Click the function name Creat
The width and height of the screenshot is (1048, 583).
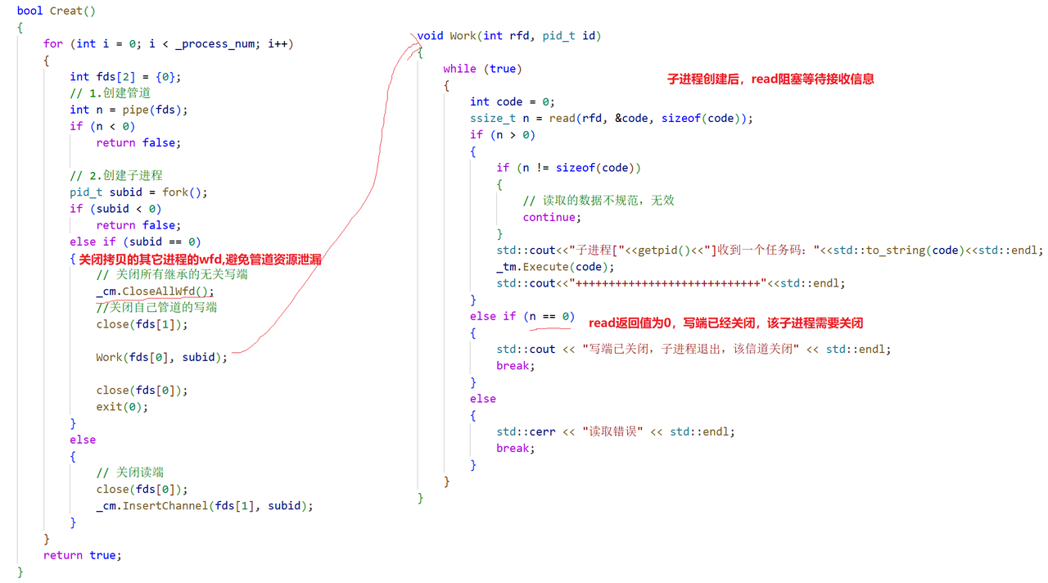click(x=66, y=11)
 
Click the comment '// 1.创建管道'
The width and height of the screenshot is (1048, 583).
click(x=110, y=93)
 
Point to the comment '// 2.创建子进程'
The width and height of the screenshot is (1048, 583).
click(x=116, y=175)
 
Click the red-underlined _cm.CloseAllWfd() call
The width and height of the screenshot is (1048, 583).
click(x=155, y=291)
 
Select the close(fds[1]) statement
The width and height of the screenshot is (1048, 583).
click(x=142, y=324)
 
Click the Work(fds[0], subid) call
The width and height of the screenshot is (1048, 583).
click(x=160, y=357)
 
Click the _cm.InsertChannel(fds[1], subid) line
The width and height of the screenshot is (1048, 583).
click(x=204, y=506)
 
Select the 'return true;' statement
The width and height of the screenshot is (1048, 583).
click(x=83, y=555)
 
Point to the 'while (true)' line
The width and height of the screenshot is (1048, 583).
click(x=482, y=69)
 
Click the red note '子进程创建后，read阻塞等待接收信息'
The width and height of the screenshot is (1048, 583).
click(x=770, y=79)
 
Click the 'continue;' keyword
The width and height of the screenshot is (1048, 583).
click(x=552, y=217)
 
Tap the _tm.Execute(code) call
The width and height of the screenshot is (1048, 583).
click(x=555, y=267)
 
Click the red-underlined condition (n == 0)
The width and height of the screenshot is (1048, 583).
click(x=551, y=316)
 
